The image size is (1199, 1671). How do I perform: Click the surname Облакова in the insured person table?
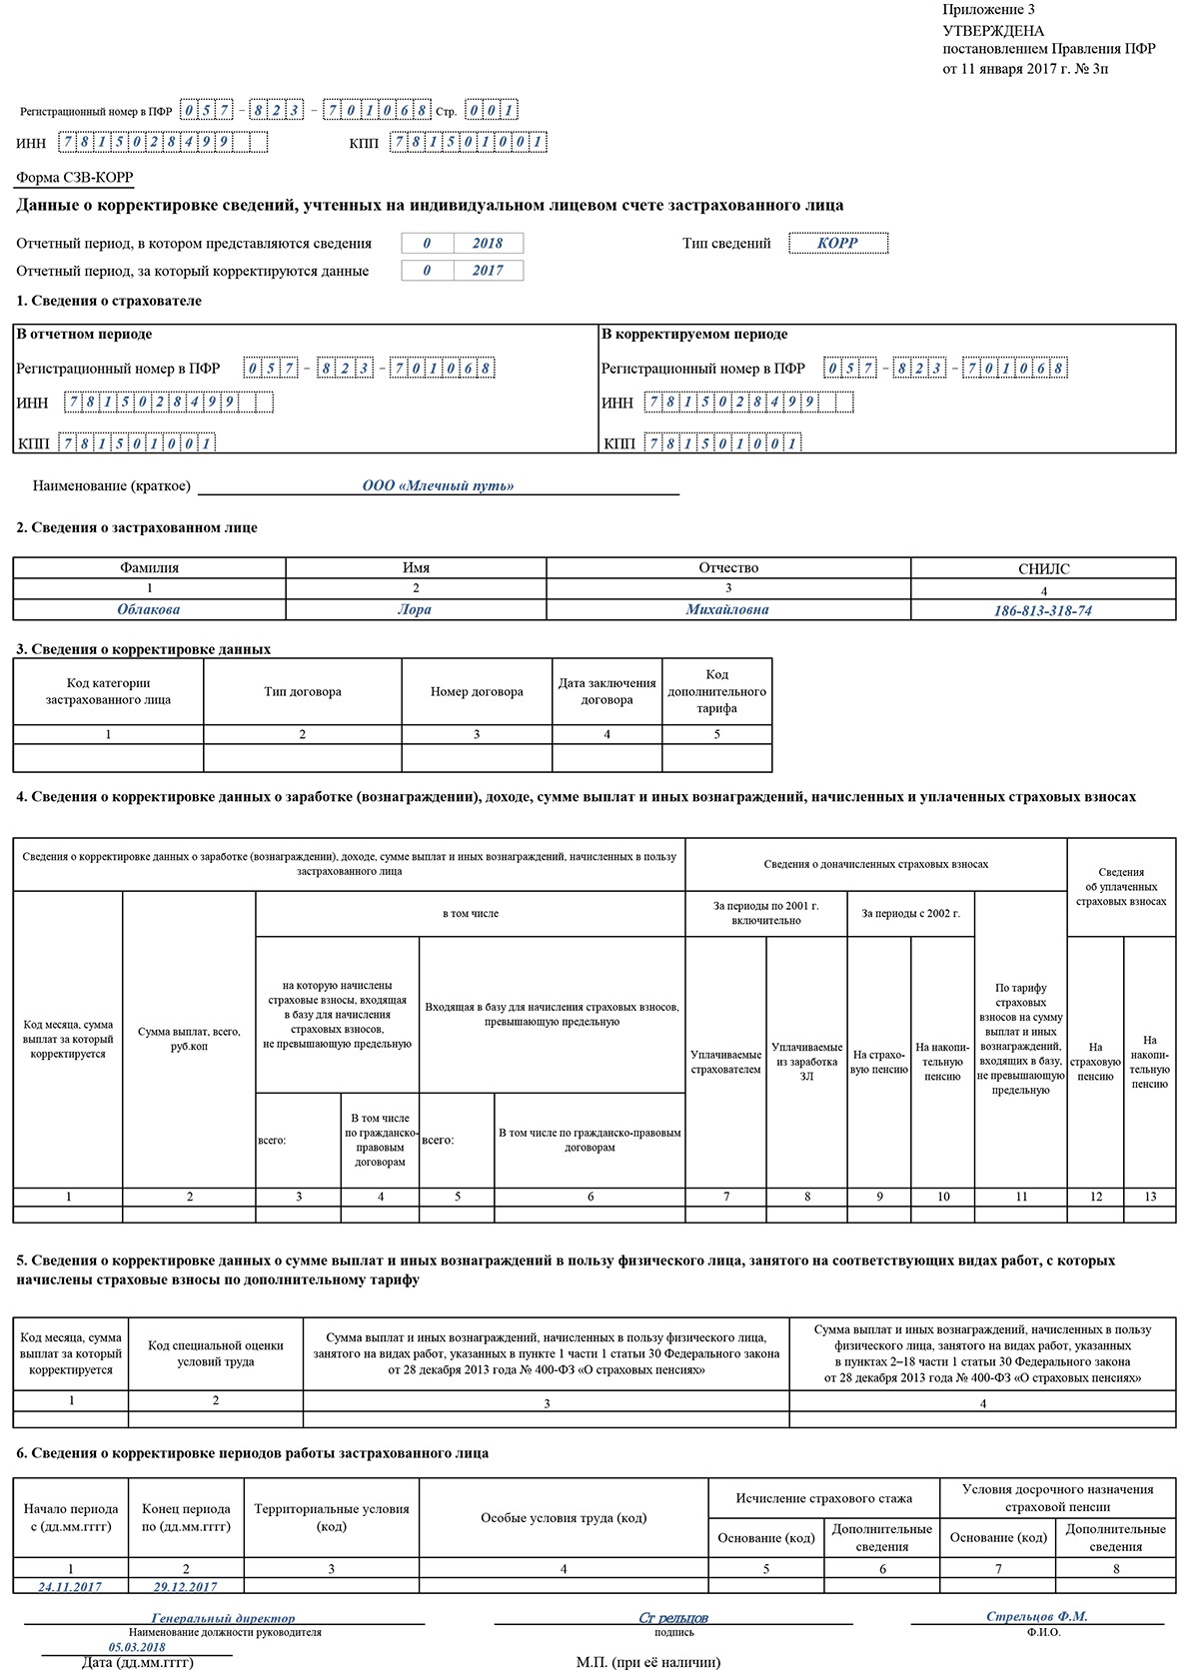click(148, 609)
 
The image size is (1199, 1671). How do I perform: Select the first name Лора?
click(415, 609)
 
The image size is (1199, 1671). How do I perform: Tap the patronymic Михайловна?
click(727, 609)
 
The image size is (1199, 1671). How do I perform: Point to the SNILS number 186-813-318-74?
click(1042, 610)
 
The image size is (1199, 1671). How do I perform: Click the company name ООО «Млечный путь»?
click(438, 486)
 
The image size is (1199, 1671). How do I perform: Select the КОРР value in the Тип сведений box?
click(837, 243)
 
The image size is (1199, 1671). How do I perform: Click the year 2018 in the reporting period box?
click(488, 244)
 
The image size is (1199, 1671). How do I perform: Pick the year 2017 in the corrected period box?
click(488, 271)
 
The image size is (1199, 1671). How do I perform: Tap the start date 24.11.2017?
click(70, 1586)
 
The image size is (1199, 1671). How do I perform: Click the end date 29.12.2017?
click(185, 1586)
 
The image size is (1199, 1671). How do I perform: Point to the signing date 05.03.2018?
click(137, 1647)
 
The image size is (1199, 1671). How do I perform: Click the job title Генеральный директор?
click(223, 1618)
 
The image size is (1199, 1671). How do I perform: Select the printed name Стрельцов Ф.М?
click(1036, 1616)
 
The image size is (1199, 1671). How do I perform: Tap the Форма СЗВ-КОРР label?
click(75, 178)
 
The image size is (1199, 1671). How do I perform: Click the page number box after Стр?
click(493, 111)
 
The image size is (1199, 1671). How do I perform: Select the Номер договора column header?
click(477, 692)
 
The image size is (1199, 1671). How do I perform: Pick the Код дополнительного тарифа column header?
click(716, 691)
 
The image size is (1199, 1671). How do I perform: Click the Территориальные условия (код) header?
click(331, 1518)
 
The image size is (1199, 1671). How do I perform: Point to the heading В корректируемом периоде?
click(694, 335)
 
